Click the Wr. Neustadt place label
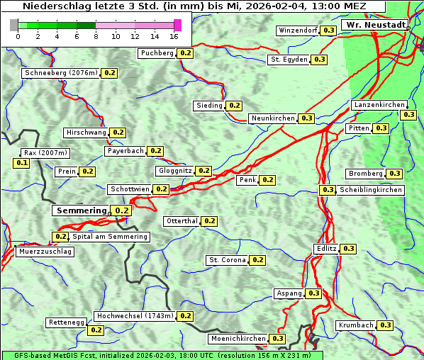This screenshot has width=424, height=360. pos(375,25)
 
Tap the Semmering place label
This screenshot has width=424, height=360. pos(81,210)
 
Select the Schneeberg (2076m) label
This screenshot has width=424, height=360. pos(60,73)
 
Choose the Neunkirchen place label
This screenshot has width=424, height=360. pos(273,118)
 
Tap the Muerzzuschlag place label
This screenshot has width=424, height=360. pos(45,252)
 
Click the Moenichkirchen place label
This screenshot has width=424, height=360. pos(238,339)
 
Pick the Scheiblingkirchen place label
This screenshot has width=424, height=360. pos(370,190)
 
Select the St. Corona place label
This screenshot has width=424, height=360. pos(227,260)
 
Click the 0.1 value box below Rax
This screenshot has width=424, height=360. pos(22,163)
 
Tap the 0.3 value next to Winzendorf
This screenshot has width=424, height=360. pos(328,30)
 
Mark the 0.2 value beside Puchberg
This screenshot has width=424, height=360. pos(185,53)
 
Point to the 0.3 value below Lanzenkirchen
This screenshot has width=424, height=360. pos(408,115)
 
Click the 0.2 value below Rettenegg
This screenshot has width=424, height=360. pos(96,330)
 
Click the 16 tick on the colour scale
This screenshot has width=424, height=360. pos(174,37)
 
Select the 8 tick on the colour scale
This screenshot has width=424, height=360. pos(96,37)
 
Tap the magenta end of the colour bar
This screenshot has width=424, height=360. pos(177,25)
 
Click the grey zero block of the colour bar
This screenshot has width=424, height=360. pos(14,25)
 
